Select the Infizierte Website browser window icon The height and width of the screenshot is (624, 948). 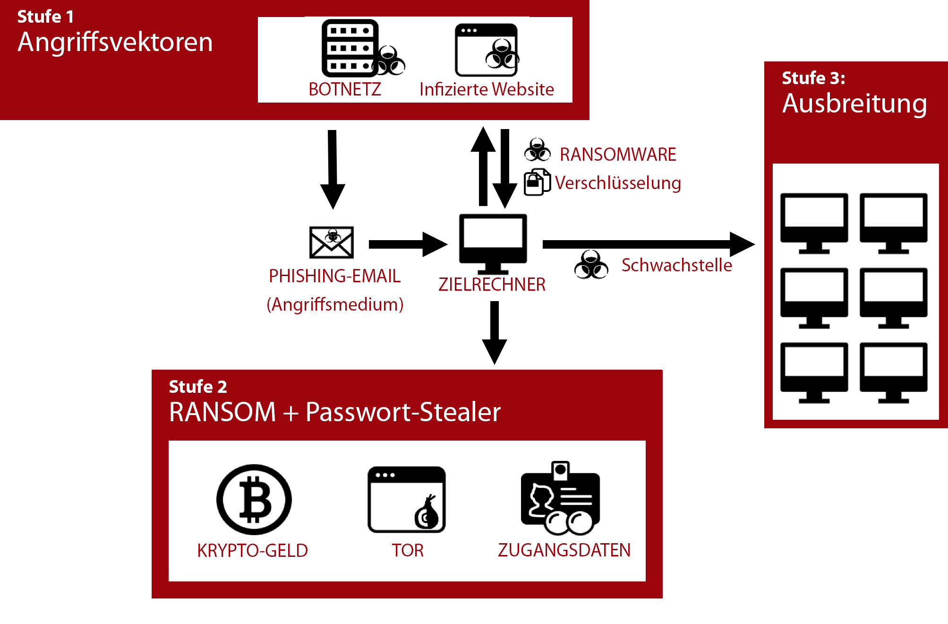coord(487,50)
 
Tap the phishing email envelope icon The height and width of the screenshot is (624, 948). coord(332,242)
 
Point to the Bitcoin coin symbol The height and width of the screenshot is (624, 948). coord(254,500)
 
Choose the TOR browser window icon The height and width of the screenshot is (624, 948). coord(406,500)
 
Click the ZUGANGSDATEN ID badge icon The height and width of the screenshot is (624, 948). coord(560,499)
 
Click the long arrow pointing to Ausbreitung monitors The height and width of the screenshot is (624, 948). coord(647,244)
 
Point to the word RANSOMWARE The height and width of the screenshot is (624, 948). coord(618,155)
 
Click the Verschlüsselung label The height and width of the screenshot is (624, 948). coord(618,183)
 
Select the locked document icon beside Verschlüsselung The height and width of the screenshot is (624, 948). coord(537,182)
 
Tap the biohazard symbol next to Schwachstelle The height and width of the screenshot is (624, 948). coord(591,265)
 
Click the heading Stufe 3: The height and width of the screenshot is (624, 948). coord(813,78)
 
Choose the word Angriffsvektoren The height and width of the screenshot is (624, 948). coord(115,42)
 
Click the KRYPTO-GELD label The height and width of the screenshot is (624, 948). coord(252,551)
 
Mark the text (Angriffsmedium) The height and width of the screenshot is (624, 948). coord(335,304)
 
